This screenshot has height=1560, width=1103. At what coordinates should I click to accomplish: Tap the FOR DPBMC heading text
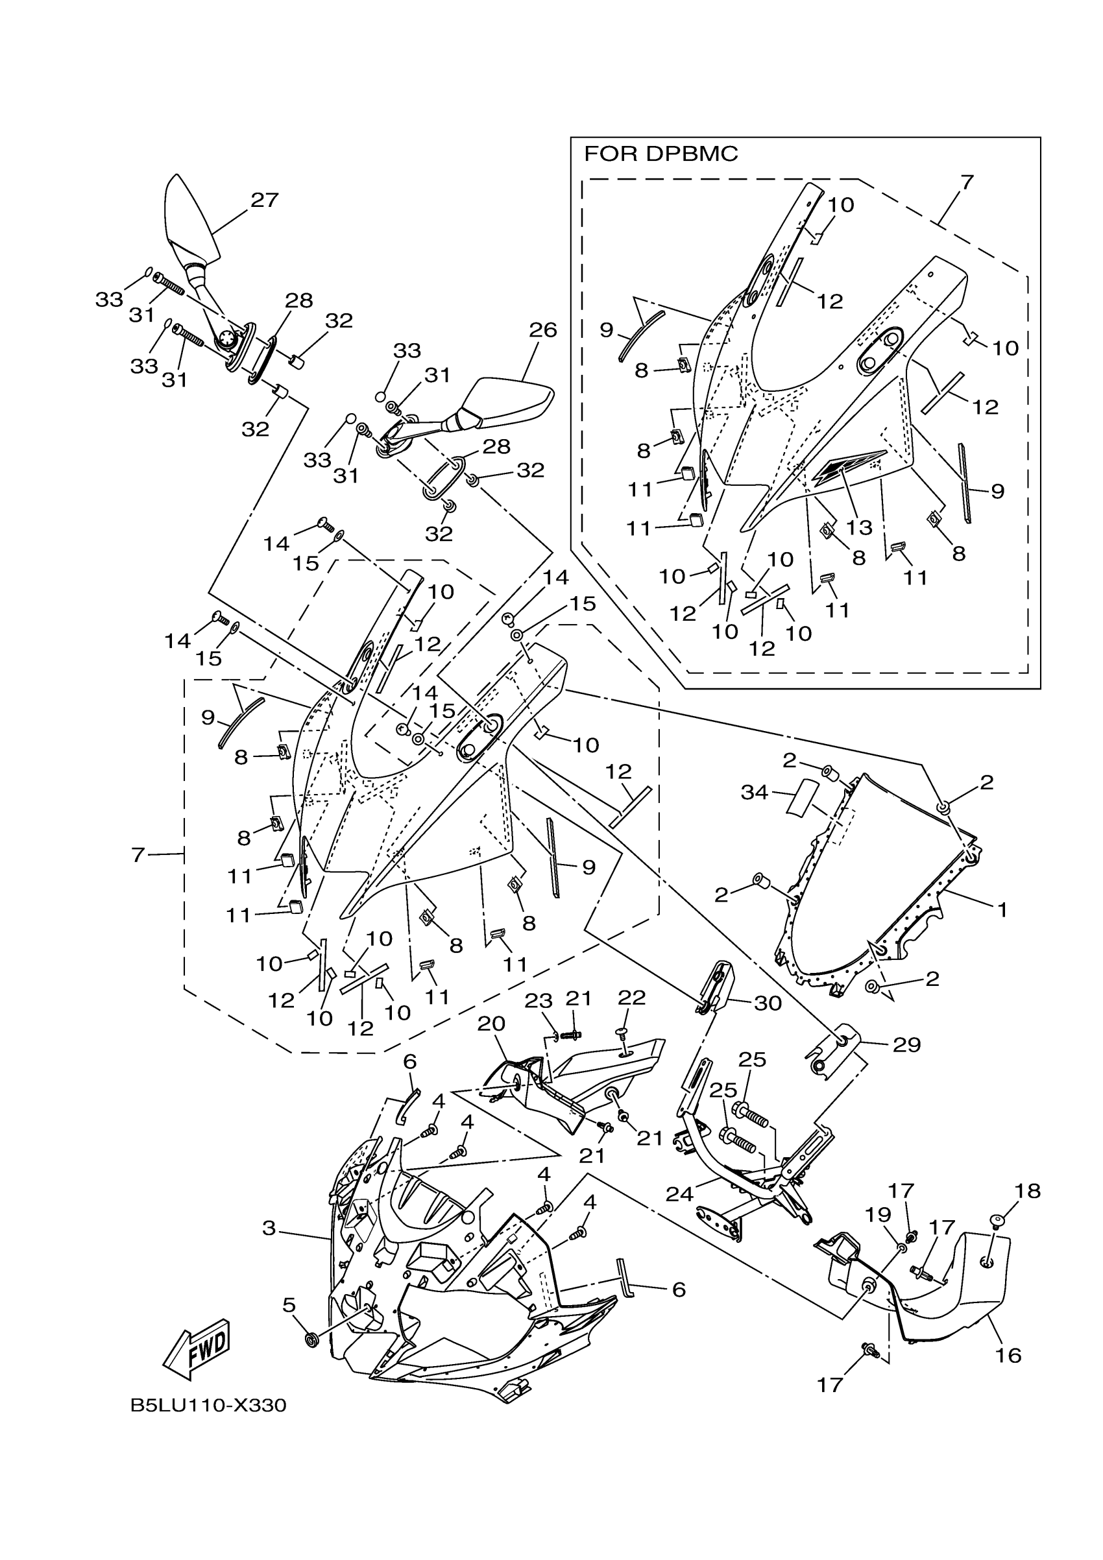pyautogui.click(x=661, y=155)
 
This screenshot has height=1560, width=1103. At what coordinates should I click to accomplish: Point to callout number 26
pyautogui.click(x=543, y=330)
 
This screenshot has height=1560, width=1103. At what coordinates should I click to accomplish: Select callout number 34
pyautogui.click(x=755, y=792)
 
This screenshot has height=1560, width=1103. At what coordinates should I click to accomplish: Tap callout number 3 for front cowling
pyautogui.click(x=269, y=1229)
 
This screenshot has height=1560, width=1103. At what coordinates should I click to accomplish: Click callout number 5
pyautogui.click(x=289, y=1304)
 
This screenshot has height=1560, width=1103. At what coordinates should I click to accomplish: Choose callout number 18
pyautogui.click(x=1028, y=1191)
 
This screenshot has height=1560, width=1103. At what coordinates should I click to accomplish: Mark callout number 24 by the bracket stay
pyautogui.click(x=679, y=1193)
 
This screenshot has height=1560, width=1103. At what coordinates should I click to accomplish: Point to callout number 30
pyautogui.click(x=768, y=1003)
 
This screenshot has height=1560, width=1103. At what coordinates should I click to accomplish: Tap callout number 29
pyautogui.click(x=907, y=1044)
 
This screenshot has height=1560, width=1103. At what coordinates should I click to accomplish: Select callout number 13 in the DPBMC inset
pyautogui.click(x=859, y=527)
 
